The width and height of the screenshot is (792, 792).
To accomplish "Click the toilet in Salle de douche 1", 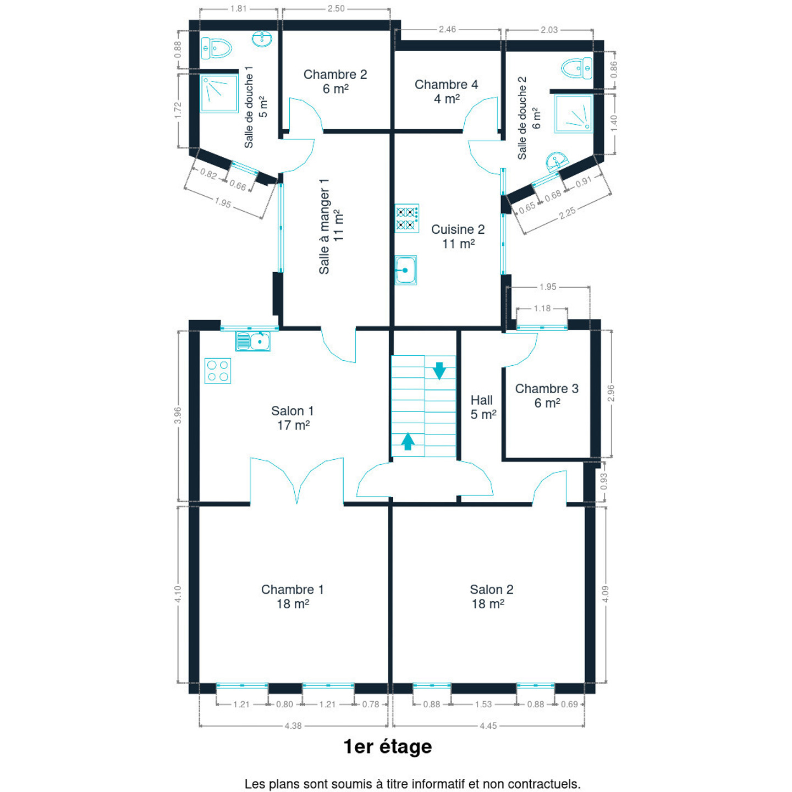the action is [216, 48].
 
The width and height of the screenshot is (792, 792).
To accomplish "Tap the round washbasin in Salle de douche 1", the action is [262, 39].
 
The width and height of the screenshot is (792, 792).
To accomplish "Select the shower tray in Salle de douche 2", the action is [573, 114].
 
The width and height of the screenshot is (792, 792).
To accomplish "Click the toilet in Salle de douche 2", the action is [576, 68].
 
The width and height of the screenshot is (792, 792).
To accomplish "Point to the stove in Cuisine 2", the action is [406, 218].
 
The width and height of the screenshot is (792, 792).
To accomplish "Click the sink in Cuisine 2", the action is [406, 270].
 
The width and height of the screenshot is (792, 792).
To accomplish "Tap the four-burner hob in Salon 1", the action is [217, 371].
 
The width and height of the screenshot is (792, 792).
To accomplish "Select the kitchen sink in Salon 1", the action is [253, 341].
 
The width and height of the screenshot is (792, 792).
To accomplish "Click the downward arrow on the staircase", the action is [439, 370].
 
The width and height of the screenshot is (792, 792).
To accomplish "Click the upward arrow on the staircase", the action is [408, 441].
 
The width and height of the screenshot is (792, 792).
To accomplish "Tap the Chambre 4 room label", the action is [447, 85].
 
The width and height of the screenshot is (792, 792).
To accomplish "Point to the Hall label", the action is [482, 400].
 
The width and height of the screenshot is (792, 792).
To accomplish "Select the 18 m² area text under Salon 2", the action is [488, 604].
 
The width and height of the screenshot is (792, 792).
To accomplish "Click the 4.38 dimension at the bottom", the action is [293, 726].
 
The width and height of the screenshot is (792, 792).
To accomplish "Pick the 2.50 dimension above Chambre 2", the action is [336, 9].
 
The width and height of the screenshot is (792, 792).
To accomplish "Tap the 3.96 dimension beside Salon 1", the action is [178, 415].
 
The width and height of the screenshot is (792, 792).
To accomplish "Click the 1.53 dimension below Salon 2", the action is [483, 704].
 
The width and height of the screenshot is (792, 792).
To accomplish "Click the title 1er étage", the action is [388, 747].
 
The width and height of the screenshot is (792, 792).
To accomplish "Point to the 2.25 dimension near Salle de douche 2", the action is [567, 213].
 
